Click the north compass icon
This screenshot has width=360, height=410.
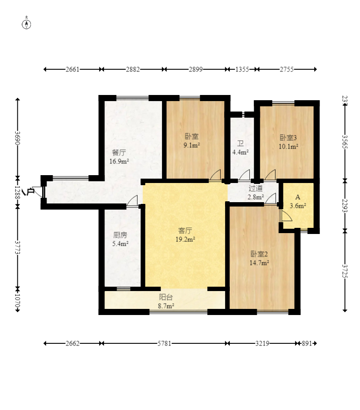27,24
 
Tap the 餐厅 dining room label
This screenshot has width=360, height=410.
119,152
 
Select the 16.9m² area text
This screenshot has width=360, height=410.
119,161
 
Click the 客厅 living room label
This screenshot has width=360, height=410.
185,230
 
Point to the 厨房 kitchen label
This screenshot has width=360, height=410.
120,235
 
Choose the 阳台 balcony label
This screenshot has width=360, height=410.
166,297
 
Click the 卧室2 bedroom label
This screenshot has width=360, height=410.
259,254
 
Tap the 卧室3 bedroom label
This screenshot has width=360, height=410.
288,138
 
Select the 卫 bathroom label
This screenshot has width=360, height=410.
240,143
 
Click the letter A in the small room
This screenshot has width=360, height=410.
298,197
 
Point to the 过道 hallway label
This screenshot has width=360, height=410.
256,188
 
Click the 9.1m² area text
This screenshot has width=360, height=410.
192,145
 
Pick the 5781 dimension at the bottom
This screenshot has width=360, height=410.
164,343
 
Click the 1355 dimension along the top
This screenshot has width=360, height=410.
242,69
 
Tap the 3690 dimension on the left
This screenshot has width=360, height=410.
17,138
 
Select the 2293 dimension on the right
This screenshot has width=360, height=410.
345,206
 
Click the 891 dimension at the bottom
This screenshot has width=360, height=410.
307,343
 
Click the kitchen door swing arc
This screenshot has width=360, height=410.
132,201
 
